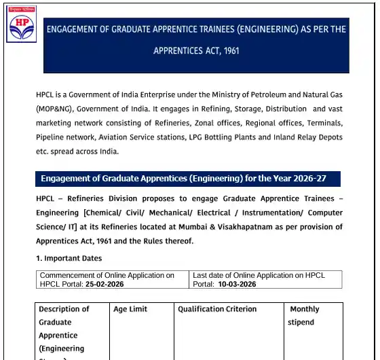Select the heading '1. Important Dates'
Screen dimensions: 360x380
pos(69,258)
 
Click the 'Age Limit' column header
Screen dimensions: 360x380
pos(130,309)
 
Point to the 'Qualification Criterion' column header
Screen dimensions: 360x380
pos(217,309)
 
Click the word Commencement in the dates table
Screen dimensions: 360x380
pos(69,276)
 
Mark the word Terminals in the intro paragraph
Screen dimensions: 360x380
pos(324,123)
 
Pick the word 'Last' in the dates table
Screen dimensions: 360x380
pos(201,276)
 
